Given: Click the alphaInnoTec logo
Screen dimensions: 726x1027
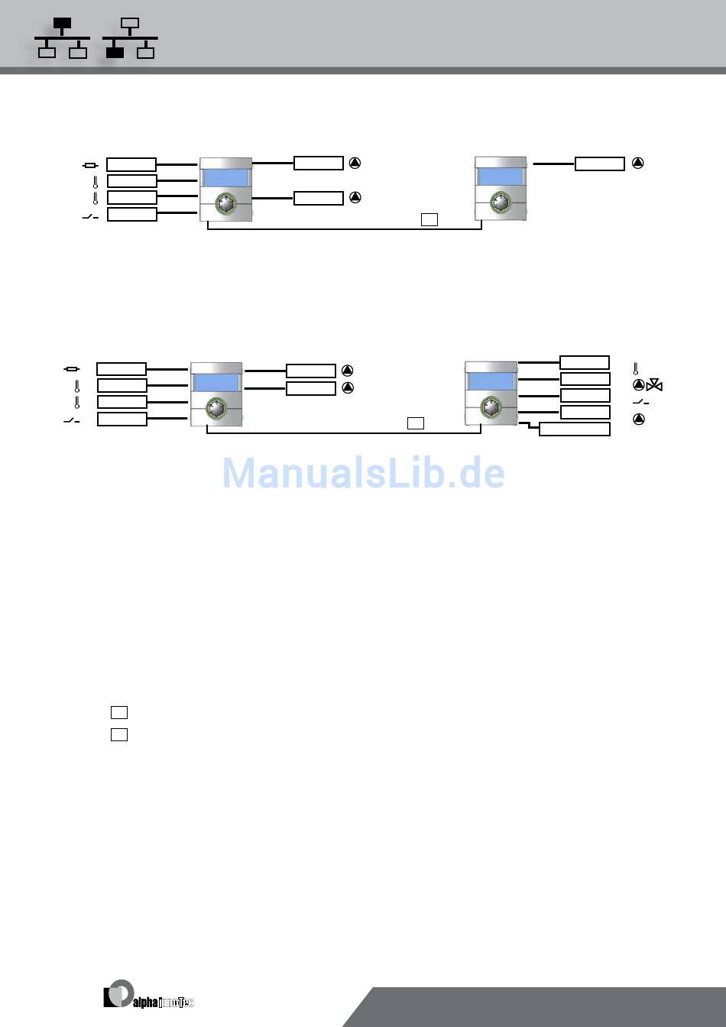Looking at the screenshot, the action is point(148,996).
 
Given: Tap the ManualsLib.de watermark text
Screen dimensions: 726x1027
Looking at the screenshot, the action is point(363,474).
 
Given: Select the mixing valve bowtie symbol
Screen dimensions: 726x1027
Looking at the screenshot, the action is point(654,386).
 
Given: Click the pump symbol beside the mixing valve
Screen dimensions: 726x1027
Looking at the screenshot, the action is point(639,385).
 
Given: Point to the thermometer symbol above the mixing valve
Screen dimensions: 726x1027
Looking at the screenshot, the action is point(636,368).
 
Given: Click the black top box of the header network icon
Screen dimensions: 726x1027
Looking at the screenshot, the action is point(62,24).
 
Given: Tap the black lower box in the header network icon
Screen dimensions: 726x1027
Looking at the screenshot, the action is point(114,53).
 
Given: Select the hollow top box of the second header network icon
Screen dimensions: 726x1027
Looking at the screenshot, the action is point(130,24).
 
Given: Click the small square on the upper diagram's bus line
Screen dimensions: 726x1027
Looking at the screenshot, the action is point(429,220).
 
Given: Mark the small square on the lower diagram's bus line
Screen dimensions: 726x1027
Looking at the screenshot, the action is point(416,423).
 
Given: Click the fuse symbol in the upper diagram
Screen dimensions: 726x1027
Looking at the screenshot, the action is point(90,165).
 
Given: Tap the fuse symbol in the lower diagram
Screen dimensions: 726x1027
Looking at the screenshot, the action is point(72,369).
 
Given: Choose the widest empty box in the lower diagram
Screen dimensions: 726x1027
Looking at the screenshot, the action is point(574,429).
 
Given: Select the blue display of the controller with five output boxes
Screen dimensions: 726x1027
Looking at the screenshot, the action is point(490,381).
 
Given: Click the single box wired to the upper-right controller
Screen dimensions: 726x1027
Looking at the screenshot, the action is point(599,164).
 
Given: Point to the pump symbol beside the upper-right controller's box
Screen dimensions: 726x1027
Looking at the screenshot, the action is point(638,163).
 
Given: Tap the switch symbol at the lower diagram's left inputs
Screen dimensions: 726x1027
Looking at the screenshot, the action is point(71,420).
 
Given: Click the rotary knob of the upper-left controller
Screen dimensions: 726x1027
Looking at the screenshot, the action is point(225,204).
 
